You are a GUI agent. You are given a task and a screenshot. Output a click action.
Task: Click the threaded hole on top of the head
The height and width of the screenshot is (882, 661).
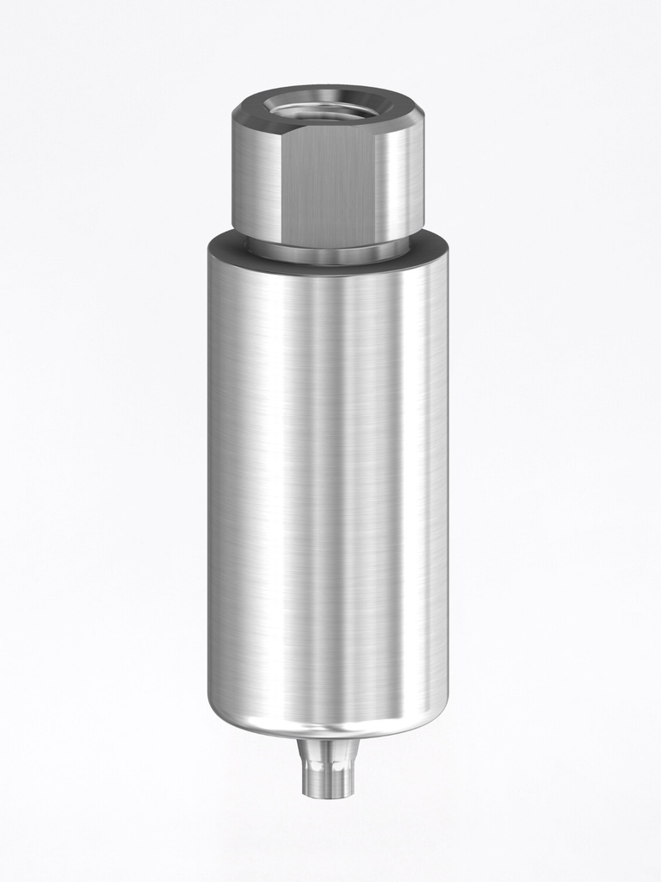pos(328,109)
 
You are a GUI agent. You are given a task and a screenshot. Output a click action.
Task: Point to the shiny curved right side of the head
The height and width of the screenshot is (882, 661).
pos(399,181)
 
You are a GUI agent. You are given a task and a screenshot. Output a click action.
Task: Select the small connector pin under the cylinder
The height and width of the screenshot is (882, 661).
pos(328,767)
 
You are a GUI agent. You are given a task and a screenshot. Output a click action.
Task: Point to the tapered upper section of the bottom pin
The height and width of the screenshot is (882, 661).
pos(328,750)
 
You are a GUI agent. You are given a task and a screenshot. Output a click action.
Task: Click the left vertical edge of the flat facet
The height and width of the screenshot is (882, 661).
pos(281,185)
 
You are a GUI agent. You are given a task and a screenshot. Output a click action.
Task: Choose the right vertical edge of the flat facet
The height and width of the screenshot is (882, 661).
pos(375,185)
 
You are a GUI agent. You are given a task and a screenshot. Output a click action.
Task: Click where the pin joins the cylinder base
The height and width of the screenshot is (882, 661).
pos(328,740)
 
